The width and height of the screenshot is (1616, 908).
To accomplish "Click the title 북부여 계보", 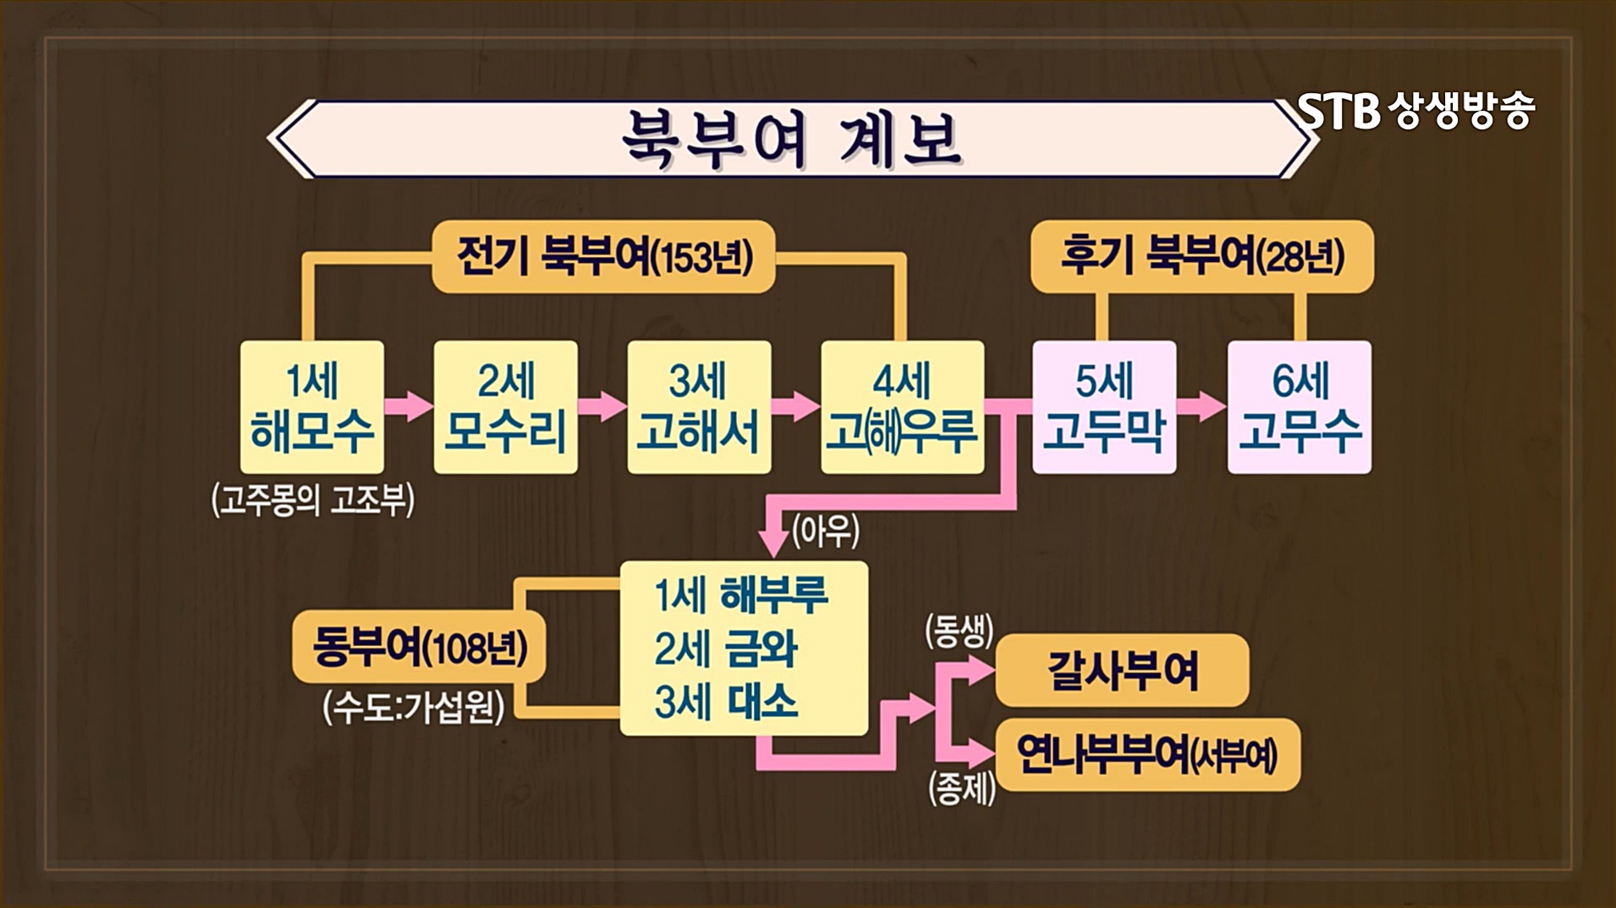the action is click(791, 139).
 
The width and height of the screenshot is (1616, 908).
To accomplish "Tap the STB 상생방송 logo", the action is click(1416, 111).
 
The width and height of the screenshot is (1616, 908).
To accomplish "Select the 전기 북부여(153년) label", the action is click(603, 256).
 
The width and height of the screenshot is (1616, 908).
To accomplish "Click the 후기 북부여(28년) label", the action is click(1201, 256).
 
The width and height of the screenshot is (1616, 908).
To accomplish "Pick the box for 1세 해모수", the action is click(311, 407).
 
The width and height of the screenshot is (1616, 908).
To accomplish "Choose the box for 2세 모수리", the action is click(505, 407).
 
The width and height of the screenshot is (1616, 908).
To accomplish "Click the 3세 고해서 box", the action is click(699, 407).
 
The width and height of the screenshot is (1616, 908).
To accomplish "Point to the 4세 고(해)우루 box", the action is click(902, 407).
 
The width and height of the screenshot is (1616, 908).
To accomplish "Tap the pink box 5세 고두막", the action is click(1104, 407).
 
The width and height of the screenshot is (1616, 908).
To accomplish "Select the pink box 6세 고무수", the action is click(1300, 407).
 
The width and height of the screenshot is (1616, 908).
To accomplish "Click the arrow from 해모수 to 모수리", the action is click(409, 406).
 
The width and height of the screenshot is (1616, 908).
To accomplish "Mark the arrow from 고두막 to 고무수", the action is click(1201, 406).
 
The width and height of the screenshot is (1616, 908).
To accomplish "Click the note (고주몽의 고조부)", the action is click(313, 500).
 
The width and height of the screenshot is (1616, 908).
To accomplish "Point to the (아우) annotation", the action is click(825, 531).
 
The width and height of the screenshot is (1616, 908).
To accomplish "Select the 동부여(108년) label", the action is click(419, 648).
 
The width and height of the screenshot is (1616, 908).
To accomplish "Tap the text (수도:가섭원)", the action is click(414, 706).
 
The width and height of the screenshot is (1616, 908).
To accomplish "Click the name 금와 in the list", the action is click(761, 648).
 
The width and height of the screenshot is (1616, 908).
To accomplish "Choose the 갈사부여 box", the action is click(1122, 670).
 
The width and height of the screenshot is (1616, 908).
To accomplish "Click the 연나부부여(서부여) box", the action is click(1147, 754).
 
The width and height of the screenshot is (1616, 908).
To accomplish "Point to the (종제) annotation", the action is click(961, 789).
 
